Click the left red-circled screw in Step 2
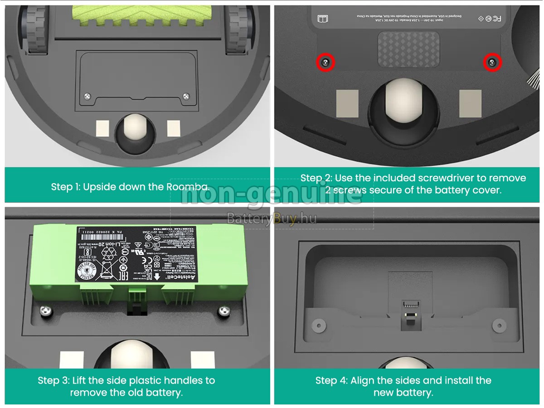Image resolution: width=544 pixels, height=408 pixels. pyautogui.click(x=325, y=63)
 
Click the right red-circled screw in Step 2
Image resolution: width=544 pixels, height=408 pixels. pyautogui.click(x=492, y=62)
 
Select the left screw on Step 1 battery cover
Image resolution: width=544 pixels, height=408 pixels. pyautogui.click(x=87, y=96)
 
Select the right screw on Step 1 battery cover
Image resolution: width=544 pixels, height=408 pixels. pyautogui.click(x=186, y=96)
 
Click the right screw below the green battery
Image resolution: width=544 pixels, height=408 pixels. pyautogui.click(x=223, y=311)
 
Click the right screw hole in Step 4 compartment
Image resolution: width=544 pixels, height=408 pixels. pyautogui.click(x=499, y=325)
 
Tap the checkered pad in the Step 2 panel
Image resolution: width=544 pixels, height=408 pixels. pyautogui.click(x=408, y=49)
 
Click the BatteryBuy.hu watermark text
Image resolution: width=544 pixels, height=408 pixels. pyautogui.click(x=271, y=219)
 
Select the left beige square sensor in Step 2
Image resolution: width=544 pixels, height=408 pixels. pyautogui.click(x=347, y=103)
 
